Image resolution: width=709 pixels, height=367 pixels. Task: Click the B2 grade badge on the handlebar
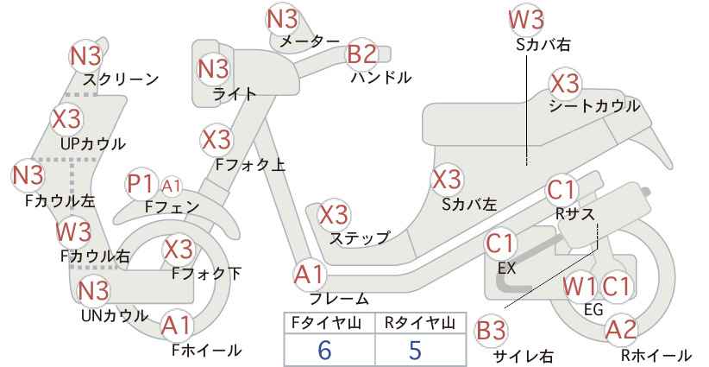[x=362, y=54]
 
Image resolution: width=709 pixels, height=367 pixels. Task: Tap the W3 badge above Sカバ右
[x=526, y=20]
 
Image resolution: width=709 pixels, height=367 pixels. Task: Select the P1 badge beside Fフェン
[x=141, y=185]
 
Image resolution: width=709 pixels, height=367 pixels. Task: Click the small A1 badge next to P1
[x=172, y=186]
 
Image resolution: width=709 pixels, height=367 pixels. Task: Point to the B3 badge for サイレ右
[x=492, y=331]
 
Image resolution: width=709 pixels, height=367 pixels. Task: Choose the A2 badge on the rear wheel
[x=620, y=330]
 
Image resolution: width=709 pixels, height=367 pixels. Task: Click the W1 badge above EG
[x=580, y=287]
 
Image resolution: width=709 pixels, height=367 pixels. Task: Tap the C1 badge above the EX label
[x=500, y=244]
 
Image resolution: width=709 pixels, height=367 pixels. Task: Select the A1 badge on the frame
[x=310, y=275]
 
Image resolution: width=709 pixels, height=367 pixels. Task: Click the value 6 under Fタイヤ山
[x=324, y=350]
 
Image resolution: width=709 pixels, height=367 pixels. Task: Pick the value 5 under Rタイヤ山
[x=415, y=350]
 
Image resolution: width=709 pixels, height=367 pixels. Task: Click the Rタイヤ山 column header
[x=419, y=323]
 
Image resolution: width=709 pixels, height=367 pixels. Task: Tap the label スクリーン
[x=121, y=79]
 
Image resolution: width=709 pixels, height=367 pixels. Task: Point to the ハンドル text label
[x=381, y=78]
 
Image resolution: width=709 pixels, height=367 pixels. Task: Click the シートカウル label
[x=594, y=106]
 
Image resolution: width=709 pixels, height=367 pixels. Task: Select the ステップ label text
[x=360, y=238]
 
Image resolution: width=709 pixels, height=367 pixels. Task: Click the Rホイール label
[x=656, y=355]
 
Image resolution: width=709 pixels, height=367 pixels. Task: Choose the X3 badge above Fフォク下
[x=179, y=249]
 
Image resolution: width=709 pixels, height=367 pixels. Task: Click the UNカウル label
[x=115, y=316]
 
